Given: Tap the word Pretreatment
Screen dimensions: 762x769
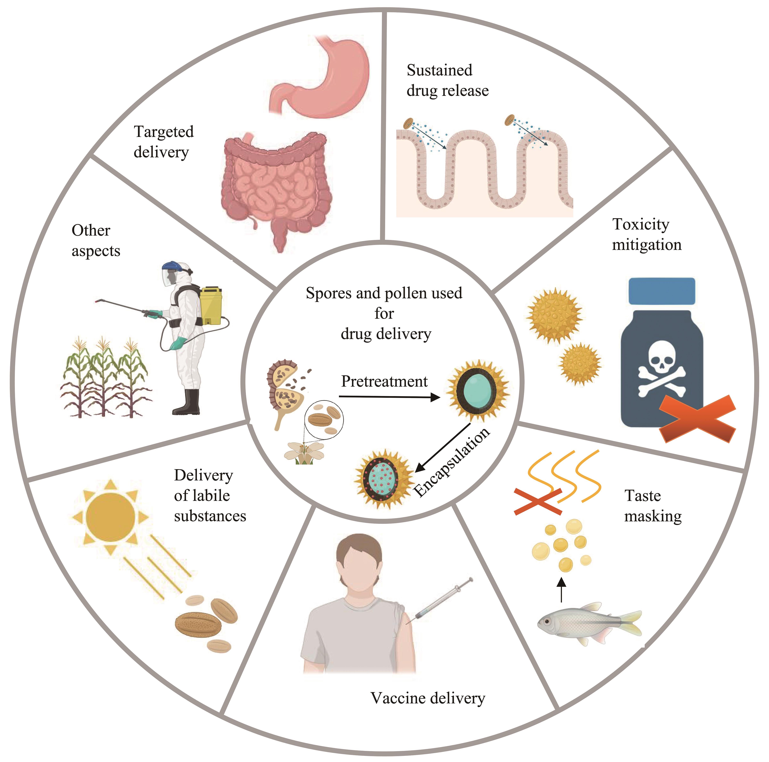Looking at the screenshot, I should [384, 381].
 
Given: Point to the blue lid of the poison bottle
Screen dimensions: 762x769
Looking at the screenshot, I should [662, 291].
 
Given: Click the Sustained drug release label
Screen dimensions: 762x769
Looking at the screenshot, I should [447, 80].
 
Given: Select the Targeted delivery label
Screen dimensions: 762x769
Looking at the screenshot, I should [163, 142].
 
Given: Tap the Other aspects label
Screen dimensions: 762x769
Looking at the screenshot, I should [95, 241].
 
